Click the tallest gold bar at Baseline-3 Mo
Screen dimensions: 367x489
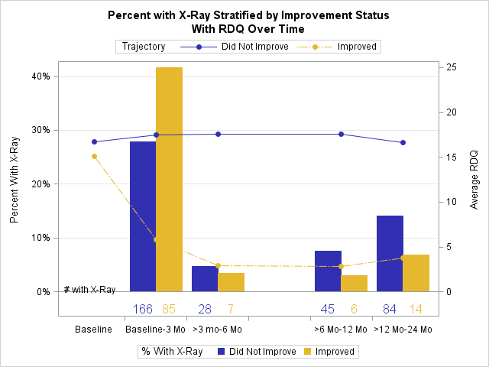[x=170, y=180]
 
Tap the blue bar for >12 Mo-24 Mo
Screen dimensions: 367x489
[x=390, y=253]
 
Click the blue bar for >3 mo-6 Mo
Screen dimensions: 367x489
[x=205, y=278]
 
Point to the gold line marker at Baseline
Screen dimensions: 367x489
[x=94, y=156]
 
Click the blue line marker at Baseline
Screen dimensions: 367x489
[x=94, y=141]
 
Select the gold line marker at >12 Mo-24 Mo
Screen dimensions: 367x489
[x=403, y=258]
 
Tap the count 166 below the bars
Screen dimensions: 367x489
[x=143, y=309]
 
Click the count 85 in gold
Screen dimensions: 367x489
[x=169, y=309]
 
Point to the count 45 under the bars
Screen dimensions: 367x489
[x=328, y=309]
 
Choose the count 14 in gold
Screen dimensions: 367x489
[x=416, y=309]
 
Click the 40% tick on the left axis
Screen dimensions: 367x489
[x=40, y=76]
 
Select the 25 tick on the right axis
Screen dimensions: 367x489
[x=452, y=68]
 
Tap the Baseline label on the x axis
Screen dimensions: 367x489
[x=93, y=330]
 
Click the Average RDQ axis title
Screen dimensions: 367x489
[x=474, y=180]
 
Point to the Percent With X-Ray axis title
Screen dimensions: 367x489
[x=14, y=180]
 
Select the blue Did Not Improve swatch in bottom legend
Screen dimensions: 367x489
[x=221, y=352]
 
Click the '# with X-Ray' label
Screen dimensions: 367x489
[x=90, y=290]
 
